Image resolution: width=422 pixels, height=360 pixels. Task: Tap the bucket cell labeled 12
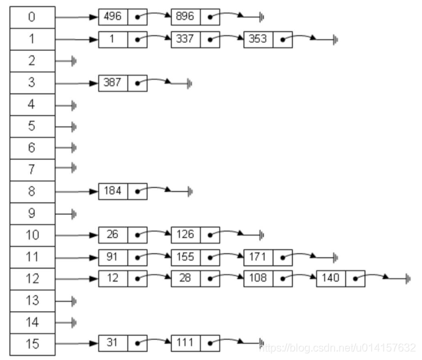(32, 278)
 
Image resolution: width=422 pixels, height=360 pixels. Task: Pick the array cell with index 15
(32, 343)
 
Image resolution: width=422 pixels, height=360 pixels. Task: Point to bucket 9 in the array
(32, 213)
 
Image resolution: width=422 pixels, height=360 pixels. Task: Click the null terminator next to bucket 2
(74, 61)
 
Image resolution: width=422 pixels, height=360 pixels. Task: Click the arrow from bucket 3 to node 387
(76, 83)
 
